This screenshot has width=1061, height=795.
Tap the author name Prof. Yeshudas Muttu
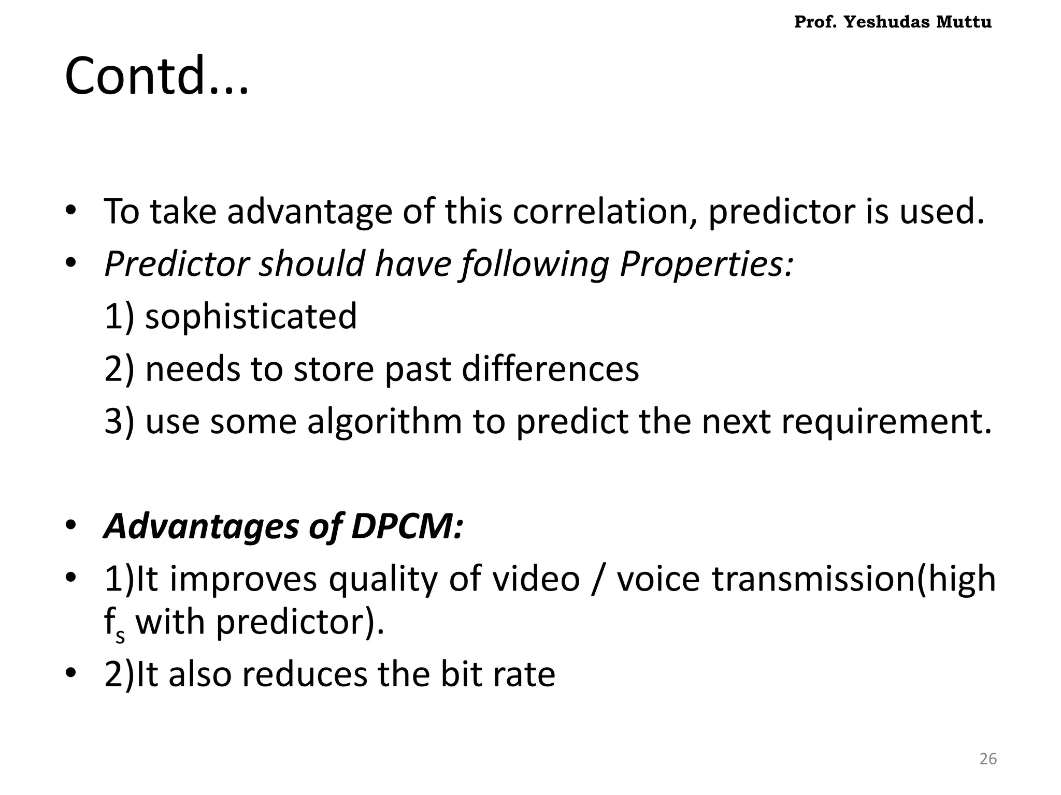pos(893,22)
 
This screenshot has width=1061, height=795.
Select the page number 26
pos(988,759)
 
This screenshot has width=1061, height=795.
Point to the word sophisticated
pos(251,316)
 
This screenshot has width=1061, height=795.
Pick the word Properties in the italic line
pos(706,264)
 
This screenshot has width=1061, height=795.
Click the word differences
pos(550,369)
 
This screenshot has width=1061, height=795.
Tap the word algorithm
pos(384,421)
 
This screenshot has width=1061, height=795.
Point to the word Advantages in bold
pos(201,526)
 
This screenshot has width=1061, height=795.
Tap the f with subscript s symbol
pos(114,624)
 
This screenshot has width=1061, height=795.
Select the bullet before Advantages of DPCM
pos(71,525)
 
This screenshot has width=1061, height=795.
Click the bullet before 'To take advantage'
pos(71,211)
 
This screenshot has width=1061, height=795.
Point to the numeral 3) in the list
pos(119,421)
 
